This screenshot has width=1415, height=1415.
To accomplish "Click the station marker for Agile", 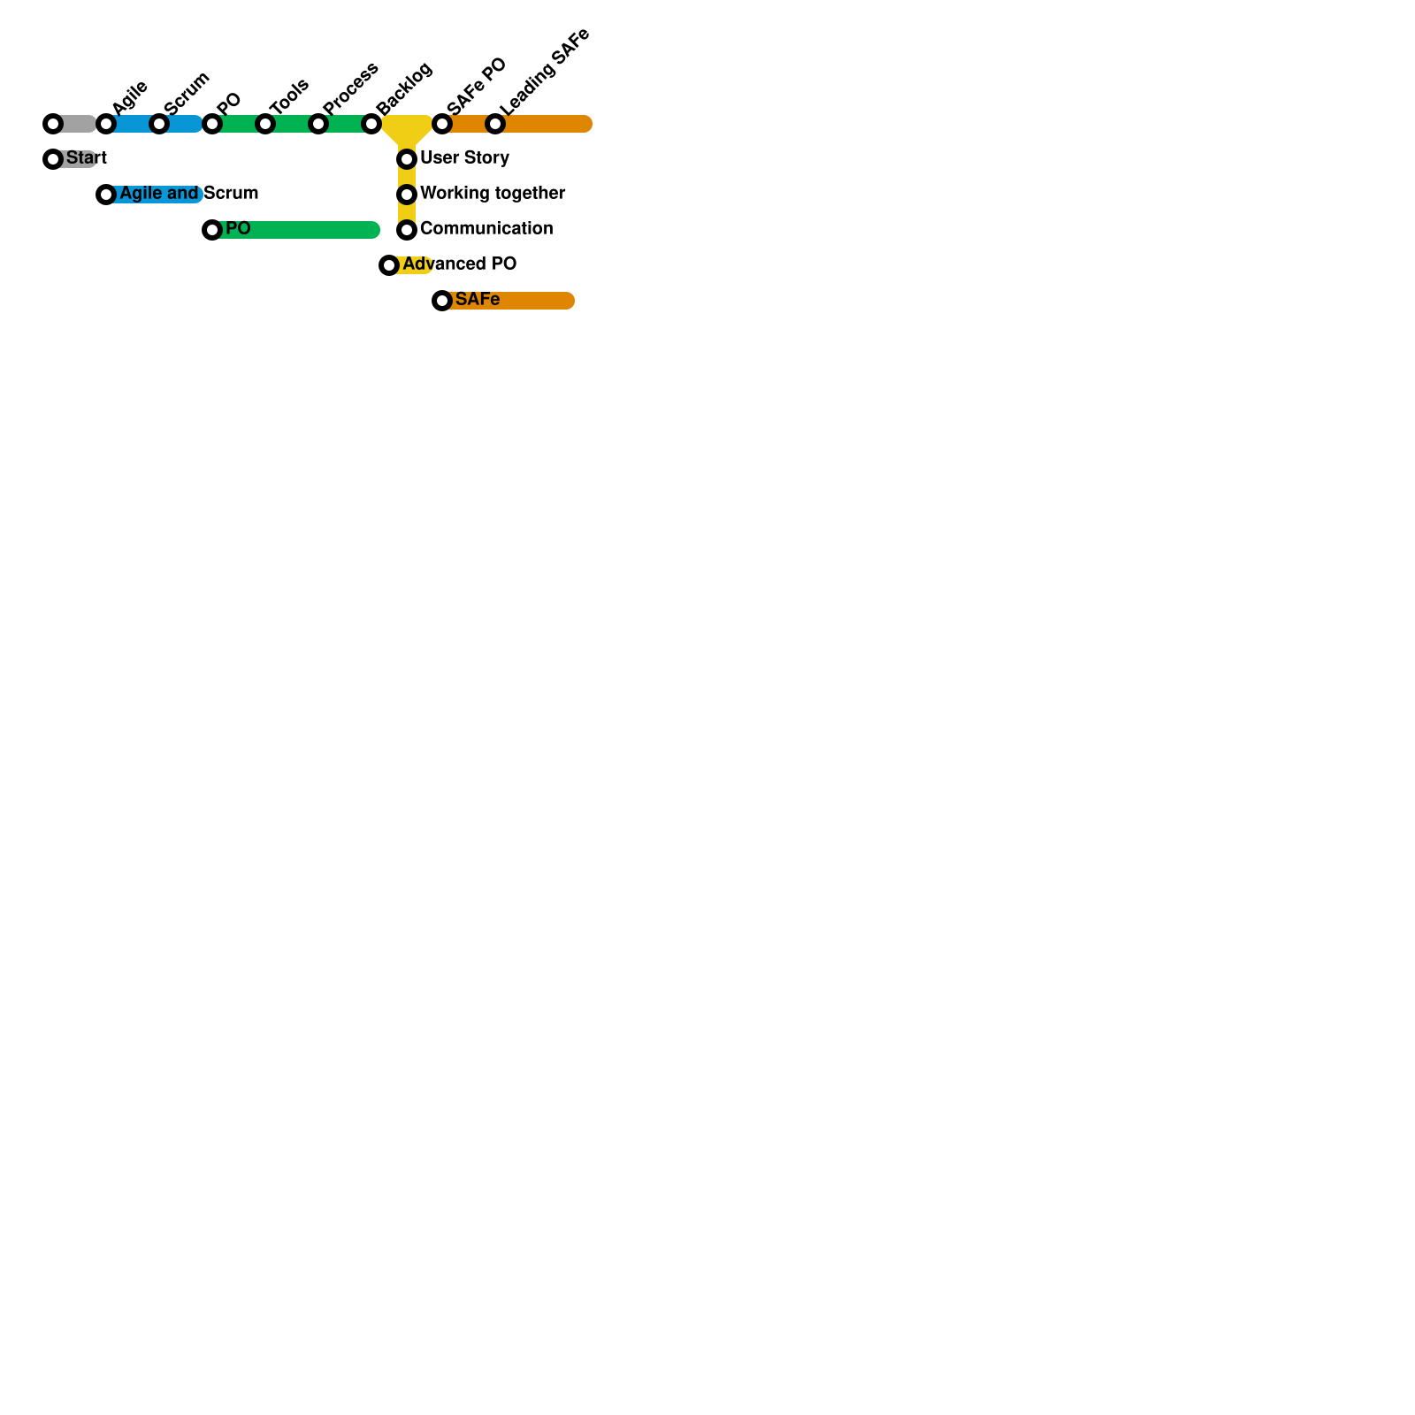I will click(x=106, y=124).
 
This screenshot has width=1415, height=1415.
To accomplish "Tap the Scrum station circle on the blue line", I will click(x=159, y=124).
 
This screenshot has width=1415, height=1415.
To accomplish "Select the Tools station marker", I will click(x=265, y=124).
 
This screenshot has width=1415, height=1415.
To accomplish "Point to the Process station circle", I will click(x=318, y=124).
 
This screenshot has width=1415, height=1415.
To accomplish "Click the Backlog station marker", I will click(x=371, y=124).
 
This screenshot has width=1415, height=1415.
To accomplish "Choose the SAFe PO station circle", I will click(x=442, y=124).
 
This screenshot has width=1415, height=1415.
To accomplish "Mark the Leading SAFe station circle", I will click(x=495, y=124).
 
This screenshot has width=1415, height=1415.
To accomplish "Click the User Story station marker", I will click(x=407, y=159).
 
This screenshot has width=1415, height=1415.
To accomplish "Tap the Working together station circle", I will click(x=407, y=195).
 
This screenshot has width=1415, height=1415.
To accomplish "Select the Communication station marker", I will click(x=407, y=230).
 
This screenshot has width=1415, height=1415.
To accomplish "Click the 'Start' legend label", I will click(x=87, y=158).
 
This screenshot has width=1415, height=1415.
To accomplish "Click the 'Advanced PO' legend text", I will click(x=459, y=264).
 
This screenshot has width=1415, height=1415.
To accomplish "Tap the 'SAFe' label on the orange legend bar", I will click(x=478, y=300).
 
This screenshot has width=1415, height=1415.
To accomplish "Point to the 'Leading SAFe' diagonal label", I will click(x=545, y=73).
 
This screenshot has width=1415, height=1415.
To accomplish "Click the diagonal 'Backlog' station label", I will click(x=403, y=88).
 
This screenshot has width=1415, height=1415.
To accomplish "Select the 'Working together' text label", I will click(x=493, y=194).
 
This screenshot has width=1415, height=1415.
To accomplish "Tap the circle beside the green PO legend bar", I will click(x=212, y=230).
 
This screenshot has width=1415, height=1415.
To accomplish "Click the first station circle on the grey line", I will click(x=53, y=124).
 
